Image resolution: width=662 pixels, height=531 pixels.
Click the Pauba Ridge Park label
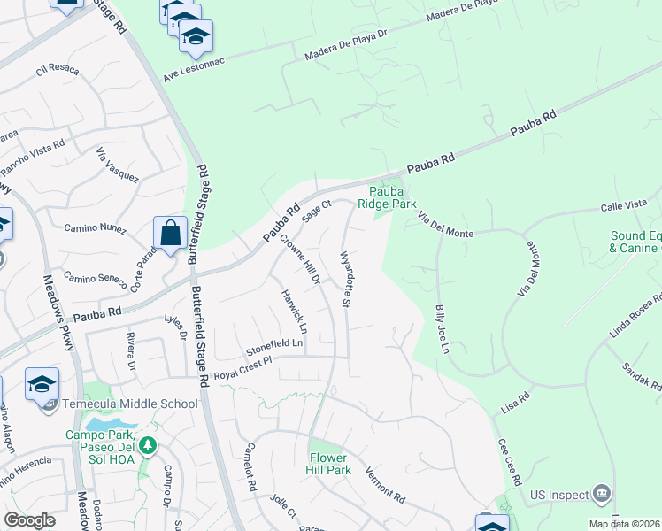click(x=387, y=196)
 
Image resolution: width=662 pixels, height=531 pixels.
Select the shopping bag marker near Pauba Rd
click(x=170, y=234)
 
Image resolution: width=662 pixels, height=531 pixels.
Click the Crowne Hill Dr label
click(x=300, y=258)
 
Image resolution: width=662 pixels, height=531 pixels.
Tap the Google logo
click(x=29, y=520)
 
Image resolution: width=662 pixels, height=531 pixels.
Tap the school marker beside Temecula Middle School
click(x=42, y=384)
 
